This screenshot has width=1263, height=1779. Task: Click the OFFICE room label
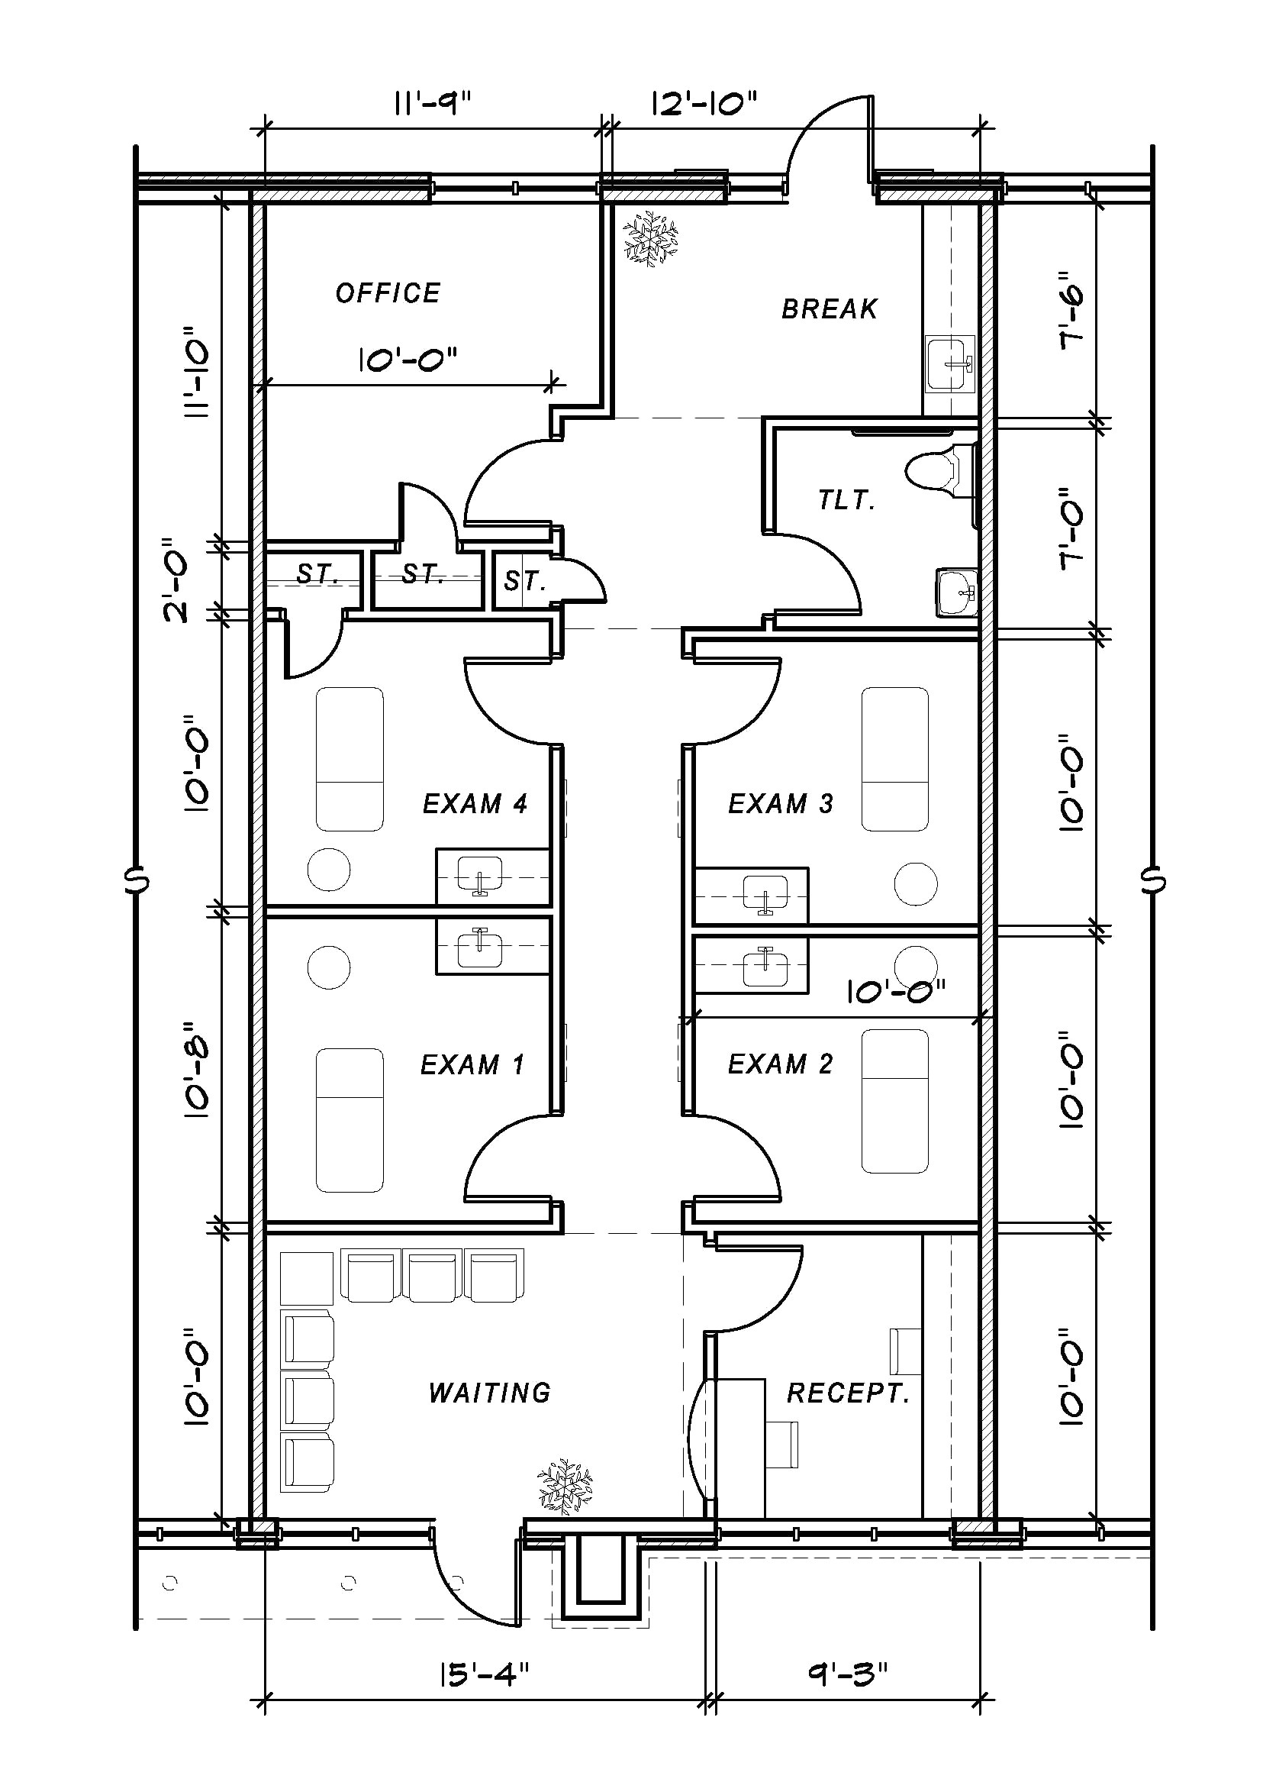pyautogui.click(x=388, y=293)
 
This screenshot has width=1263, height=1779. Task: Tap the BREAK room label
pyautogui.click(x=829, y=308)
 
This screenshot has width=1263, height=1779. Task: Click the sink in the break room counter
pyautogui.click(x=949, y=363)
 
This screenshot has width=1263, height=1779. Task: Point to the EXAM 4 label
pyautogui.click(x=475, y=803)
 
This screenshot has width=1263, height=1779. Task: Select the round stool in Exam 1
pyautogui.click(x=328, y=967)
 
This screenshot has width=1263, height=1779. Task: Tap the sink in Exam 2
pyautogui.click(x=765, y=966)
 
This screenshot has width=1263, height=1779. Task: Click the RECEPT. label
pyautogui.click(x=848, y=1393)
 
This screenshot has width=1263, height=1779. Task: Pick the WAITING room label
pyautogui.click(x=489, y=1393)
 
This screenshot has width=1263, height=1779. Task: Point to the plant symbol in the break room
pyautogui.click(x=651, y=238)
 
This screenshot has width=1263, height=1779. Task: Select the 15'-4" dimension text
pyautogui.click(x=484, y=1674)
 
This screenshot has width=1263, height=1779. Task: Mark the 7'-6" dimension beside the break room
pyautogui.click(x=1073, y=309)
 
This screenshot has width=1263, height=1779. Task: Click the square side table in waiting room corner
pyautogui.click(x=307, y=1278)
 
